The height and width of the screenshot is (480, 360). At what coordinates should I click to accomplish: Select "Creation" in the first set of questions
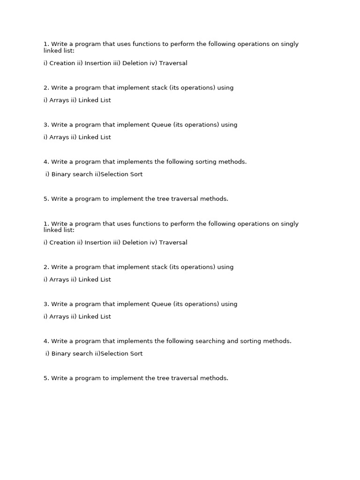point(62,63)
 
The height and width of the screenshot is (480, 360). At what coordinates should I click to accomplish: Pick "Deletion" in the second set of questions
point(135,243)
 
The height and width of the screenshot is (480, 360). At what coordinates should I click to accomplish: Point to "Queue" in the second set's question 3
point(161,304)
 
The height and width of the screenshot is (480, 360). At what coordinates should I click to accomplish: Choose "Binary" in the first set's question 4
point(61,174)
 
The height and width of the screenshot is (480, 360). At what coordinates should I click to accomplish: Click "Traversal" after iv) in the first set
point(173,63)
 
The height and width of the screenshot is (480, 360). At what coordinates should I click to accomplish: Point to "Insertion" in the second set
point(98,243)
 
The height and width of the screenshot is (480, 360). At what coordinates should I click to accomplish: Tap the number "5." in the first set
point(46,199)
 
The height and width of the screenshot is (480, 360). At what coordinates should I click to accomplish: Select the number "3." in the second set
point(46,304)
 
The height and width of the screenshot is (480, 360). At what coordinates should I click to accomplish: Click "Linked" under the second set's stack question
point(88,280)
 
